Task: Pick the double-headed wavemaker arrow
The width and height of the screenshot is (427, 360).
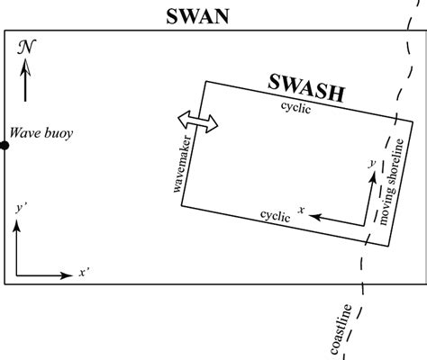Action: (x=198, y=123)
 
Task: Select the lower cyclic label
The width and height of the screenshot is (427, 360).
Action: (x=275, y=216)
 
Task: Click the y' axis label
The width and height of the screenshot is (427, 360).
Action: (x=20, y=207)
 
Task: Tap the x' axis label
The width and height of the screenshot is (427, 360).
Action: (x=83, y=271)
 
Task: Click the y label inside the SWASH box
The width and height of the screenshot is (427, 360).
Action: (x=370, y=163)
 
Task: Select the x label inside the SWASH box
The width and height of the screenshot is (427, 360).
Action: (x=304, y=210)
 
